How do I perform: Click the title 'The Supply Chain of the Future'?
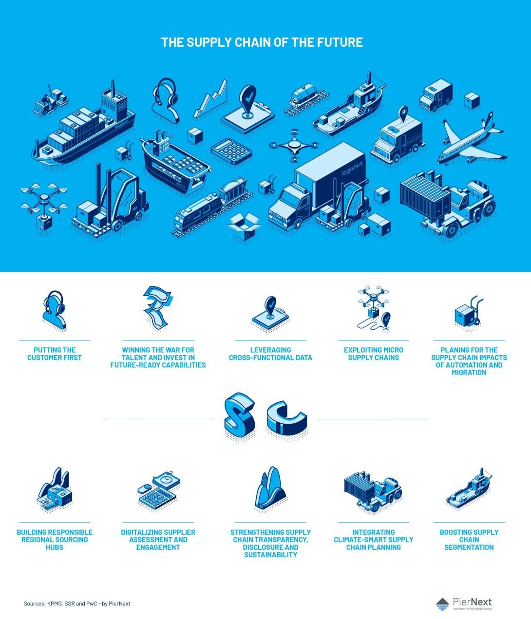(x=262, y=42)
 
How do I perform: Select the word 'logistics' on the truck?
(x=352, y=169)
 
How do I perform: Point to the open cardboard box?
(x=245, y=226)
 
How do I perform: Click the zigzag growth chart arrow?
(x=211, y=99)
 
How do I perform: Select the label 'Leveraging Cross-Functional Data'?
(x=270, y=354)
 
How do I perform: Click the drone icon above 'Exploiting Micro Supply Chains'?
(x=374, y=308)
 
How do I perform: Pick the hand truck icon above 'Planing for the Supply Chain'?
(x=469, y=312)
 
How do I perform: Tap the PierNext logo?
(x=464, y=603)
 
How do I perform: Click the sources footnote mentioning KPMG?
(x=77, y=604)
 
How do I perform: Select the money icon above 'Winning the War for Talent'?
(x=158, y=308)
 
